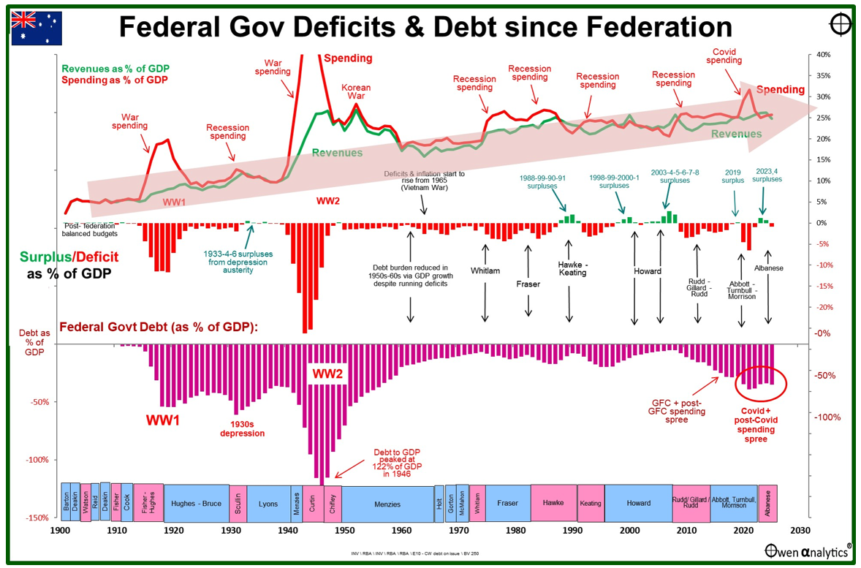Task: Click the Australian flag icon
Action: pyautogui.click(x=37, y=29)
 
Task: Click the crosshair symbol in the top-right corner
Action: pyautogui.click(x=841, y=23)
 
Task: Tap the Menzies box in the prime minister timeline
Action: pyautogui.click(x=387, y=504)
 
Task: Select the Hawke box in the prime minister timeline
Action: pyautogui.click(x=553, y=503)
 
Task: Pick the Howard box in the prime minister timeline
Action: pyautogui.click(x=638, y=503)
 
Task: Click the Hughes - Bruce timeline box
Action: pyautogui.click(x=196, y=504)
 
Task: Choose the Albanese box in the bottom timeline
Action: pyautogui.click(x=767, y=503)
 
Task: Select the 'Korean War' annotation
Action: pyautogui.click(x=356, y=92)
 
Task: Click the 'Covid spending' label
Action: pyautogui.click(x=724, y=56)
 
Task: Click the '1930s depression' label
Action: pyautogui.click(x=242, y=428)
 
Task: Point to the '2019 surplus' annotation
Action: pyautogui.click(x=733, y=175)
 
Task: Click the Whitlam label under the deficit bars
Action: pyautogui.click(x=485, y=271)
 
